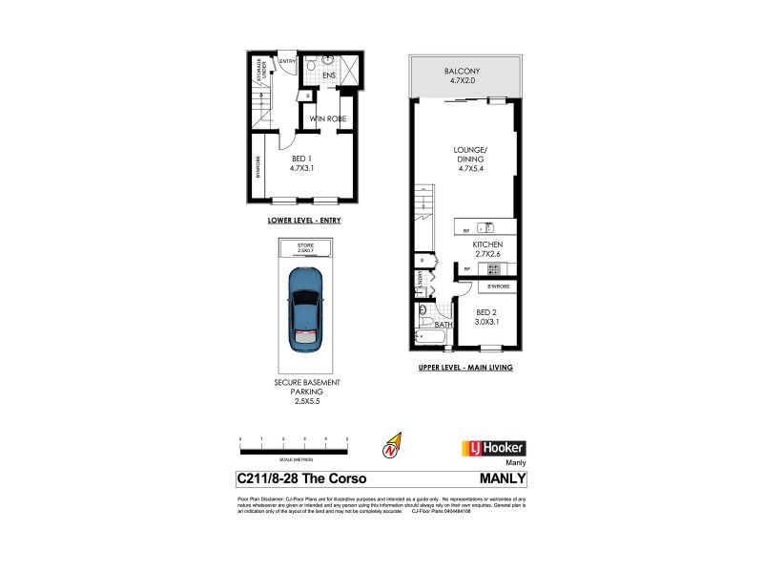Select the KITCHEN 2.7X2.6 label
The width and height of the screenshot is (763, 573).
click(x=487, y=251)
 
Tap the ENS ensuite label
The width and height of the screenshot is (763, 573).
click(x=329, y=74)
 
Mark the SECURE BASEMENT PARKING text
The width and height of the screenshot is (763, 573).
click(x=304, y=391)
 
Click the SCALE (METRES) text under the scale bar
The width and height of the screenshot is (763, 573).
click(x=294, y=459)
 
